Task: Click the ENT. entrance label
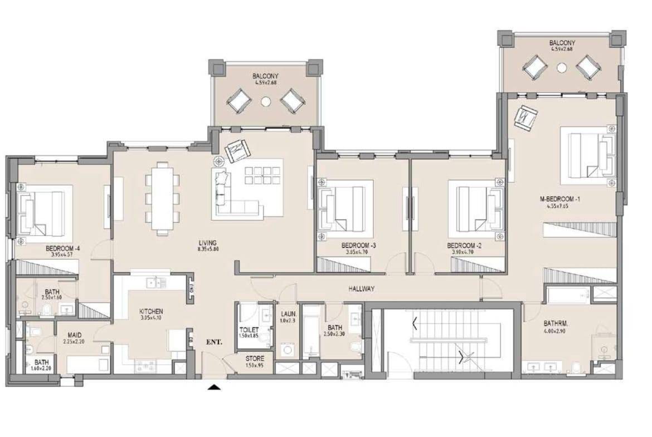click(214, 342)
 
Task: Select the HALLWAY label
click(361, 289)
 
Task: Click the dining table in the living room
click(163, 198)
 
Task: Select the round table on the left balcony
click(266, 101)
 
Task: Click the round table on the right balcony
click(562, 68)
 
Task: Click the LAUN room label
click(289, 314)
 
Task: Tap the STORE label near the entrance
click(255, 359)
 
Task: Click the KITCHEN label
click(151, 311)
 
